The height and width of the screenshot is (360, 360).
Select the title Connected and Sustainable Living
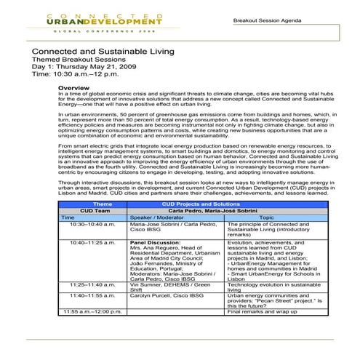click(x=102, y=52)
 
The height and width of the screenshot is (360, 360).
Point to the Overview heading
click(x=73, y=87)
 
